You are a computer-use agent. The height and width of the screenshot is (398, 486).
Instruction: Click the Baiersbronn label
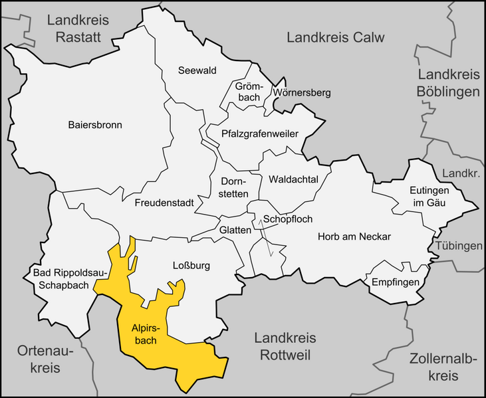point(95,124)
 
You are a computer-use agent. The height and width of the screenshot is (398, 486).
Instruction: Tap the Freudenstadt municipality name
point(163,202)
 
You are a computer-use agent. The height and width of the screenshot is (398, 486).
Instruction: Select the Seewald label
point(197,70)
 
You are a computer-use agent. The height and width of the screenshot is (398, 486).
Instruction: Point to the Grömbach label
point(249,92)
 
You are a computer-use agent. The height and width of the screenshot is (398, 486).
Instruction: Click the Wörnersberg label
point(301,92)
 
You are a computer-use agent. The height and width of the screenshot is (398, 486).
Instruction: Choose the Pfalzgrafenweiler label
point(260,133)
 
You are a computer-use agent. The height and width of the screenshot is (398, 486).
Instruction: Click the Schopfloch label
point(288,219)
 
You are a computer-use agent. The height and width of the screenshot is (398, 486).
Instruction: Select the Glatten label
point(235,230)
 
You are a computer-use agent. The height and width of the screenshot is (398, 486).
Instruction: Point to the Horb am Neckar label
point(354,237)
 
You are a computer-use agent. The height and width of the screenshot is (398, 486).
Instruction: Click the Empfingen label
point(396,283)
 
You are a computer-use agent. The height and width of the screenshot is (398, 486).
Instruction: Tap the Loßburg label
point(191,266)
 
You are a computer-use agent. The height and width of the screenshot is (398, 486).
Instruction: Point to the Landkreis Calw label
point(336,37)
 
